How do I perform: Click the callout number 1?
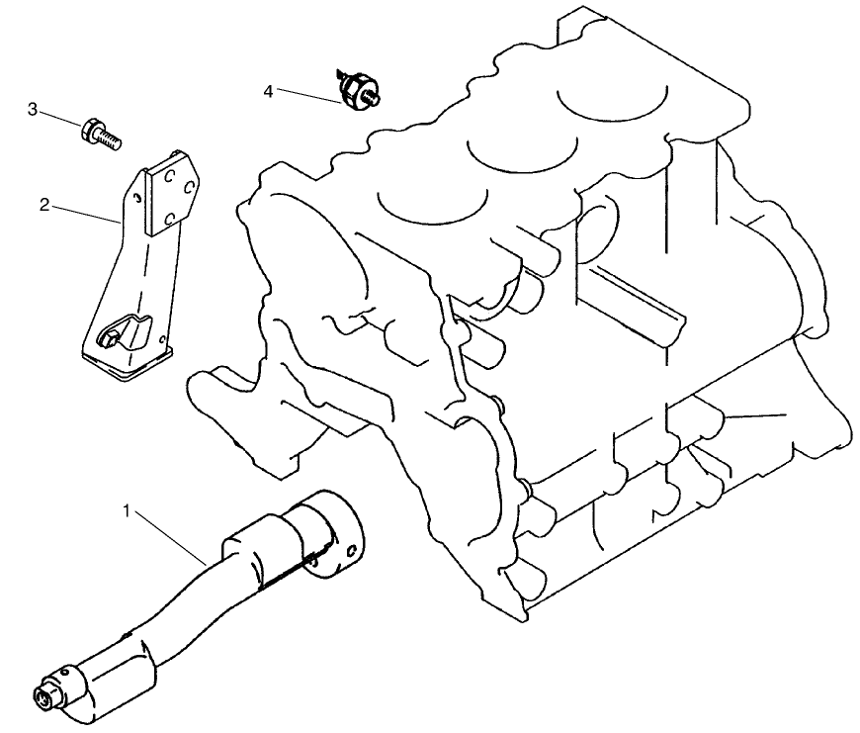coord(127,509)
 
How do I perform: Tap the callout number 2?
coord(44,205)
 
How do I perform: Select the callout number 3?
coord(33,110)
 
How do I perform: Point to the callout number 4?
coord(268,90)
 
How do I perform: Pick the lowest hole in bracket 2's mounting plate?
coord(171,217)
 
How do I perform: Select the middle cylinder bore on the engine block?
coord(519,148)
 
